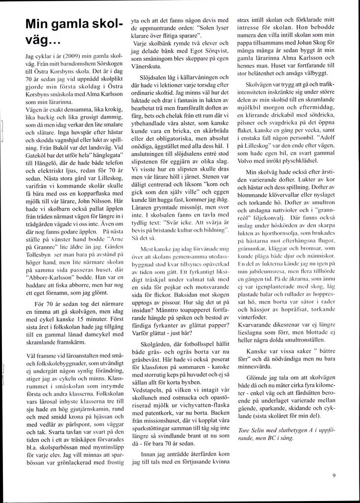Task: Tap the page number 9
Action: (334, 475)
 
